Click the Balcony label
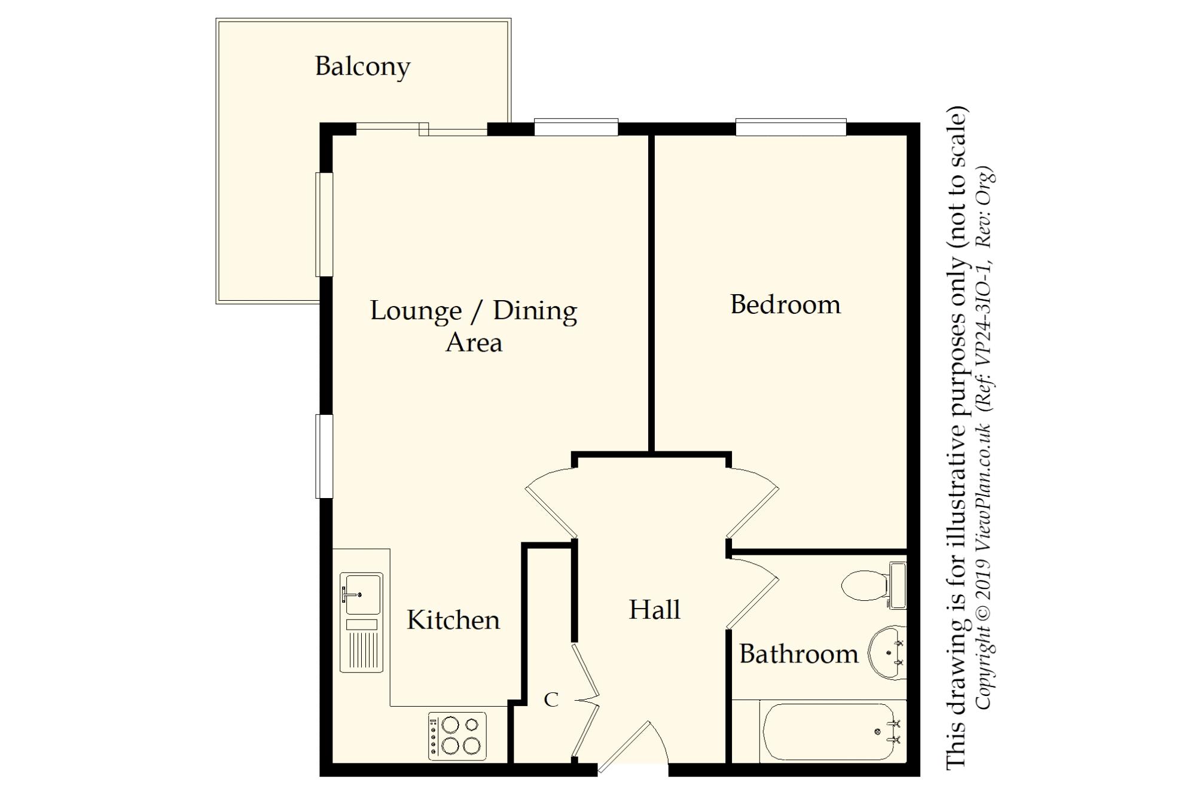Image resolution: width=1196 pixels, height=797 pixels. tap(362, 67)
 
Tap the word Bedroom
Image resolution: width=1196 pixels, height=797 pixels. tap(785, 304)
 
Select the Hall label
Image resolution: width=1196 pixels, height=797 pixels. tap(655, 609)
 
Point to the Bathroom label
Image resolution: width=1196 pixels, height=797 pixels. tap(799, 654)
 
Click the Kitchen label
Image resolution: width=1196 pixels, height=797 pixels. tap(453, 619)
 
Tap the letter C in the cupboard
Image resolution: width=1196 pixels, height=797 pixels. tap(551, 699)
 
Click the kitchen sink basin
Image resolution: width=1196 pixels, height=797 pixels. tap(361, 594)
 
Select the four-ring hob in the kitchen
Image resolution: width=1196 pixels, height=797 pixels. tap(457, 736)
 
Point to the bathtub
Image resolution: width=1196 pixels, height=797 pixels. tap(832, 732)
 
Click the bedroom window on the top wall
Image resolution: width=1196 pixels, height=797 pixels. tap(791, 127)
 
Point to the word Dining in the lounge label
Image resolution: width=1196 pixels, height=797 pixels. tap(535, 312)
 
